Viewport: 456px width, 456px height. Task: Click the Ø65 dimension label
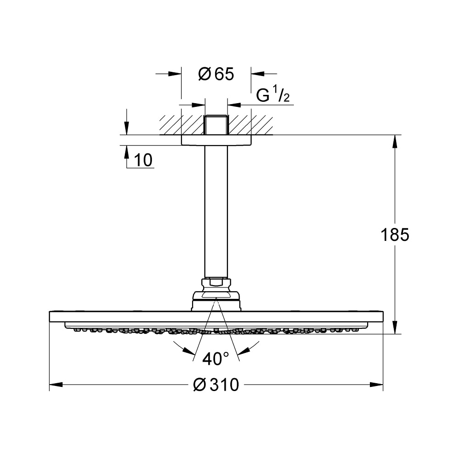[x=216, y=74]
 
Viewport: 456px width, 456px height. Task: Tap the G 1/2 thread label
[x=273, y=95]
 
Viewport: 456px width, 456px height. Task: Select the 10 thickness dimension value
[x=143, y=160]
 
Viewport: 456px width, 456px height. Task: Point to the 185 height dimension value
[x=395, y=235]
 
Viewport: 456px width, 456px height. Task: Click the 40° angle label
[x=216, y=358]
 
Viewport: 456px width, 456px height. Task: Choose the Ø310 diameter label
[x=216, y=385]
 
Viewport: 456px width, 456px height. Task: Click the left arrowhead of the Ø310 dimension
[x=56, y=385]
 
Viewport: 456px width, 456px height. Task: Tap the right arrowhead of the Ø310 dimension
[x=376, y=385]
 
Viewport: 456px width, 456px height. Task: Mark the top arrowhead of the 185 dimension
[x=395, y=141]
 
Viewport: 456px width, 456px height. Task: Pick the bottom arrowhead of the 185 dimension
[x=395, y=327]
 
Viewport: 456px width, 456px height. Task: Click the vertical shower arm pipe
[x=216, y=212]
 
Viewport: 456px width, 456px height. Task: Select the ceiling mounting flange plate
[x=216, y=140]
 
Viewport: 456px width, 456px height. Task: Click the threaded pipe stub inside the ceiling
[x=216, y=125]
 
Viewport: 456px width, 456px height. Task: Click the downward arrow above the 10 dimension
[x=127, y=122]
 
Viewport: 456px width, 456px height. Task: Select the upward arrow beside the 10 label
[x=127, y=157]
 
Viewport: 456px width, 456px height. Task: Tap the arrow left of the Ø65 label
[x=169, y=74]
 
